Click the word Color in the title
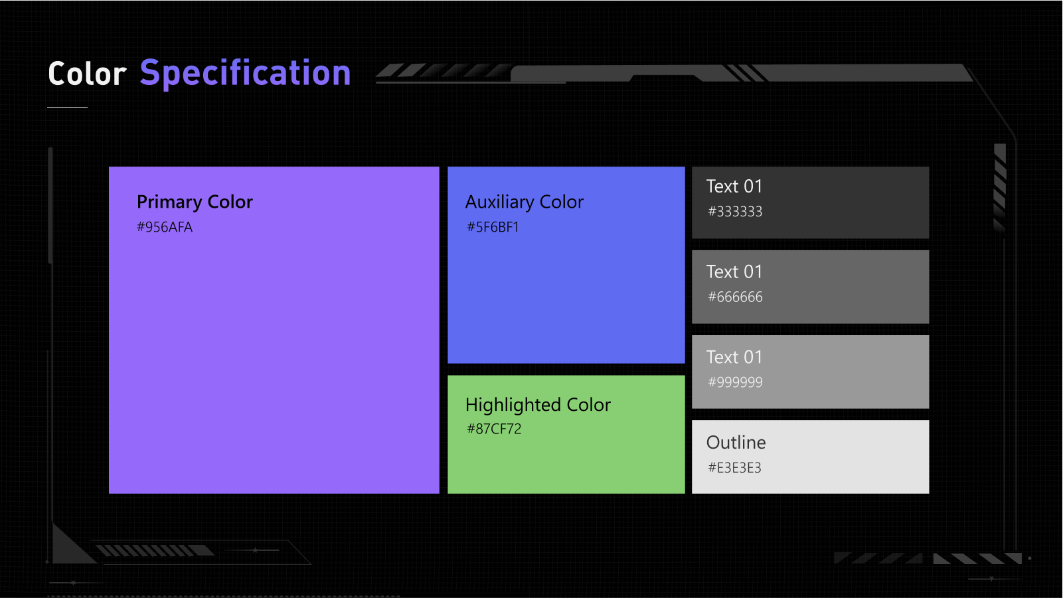(x=88, y=74)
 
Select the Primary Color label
(x=195, y=202)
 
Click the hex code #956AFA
(x=165, y=227)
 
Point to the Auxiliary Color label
(x=524, y=202)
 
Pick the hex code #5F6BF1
(x=493, y=227)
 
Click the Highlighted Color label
(x=538, y=405)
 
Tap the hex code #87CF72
(x=494, y=429)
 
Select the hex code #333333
(x=735, y=212)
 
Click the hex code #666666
(x=735, y=297)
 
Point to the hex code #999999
(x=735, y=382)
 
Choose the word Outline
(x=736, y=443)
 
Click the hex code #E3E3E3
(x=734, y=468)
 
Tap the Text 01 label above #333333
(x=734, y=187)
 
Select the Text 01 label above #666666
(x=734, y=271)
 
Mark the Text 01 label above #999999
(x=734, y=357)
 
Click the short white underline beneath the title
(x=67, y=107)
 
